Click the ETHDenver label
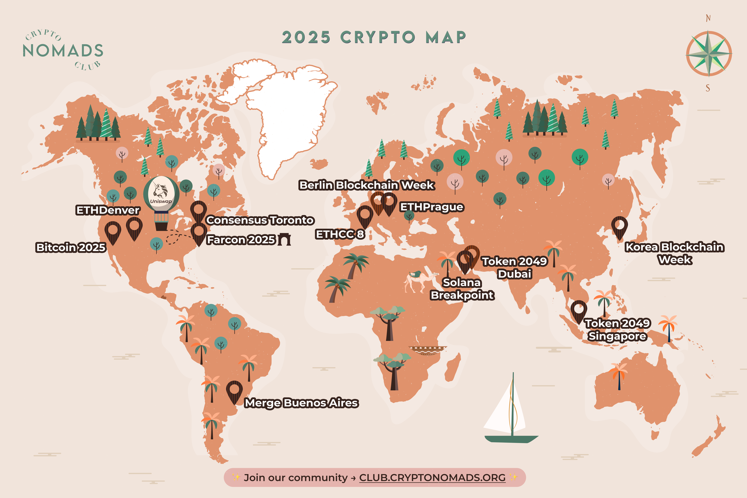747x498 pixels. (108, 210)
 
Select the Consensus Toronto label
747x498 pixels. (260, 220)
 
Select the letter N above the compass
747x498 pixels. (708, 18)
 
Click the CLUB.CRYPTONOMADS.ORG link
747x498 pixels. (432, 478)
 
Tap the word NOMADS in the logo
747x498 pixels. (63, 51)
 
